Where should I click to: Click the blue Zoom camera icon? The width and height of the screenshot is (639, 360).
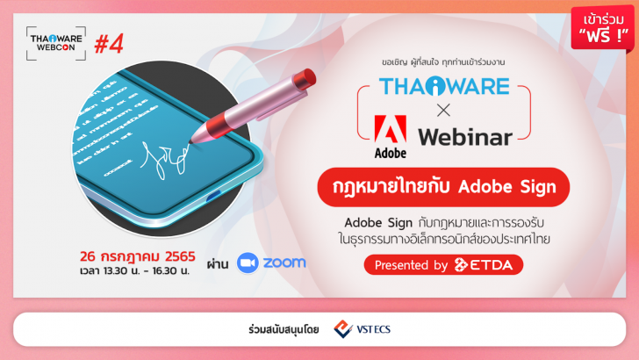pos(248,263)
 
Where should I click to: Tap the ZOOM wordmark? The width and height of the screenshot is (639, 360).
pos(284,263)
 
